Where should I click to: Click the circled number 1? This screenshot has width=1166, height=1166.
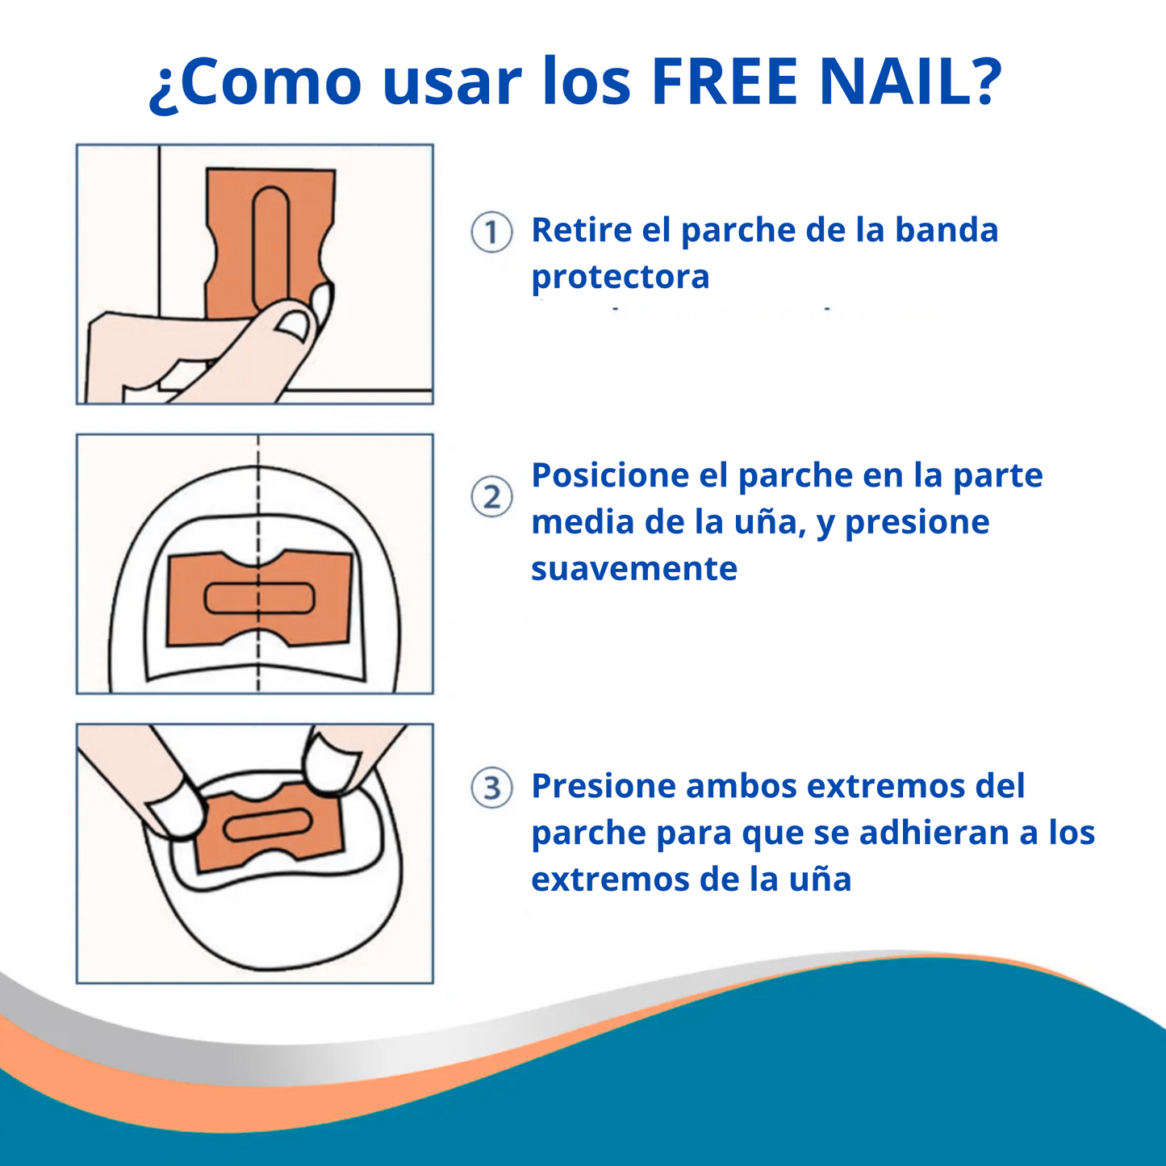[x=491, y=232]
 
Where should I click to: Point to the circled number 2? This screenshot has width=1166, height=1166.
[x=491, y=497]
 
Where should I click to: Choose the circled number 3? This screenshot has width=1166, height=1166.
[x=491, y=788]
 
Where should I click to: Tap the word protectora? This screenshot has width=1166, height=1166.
[x=621, y=277]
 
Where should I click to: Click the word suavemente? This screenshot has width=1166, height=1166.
[x=634, y=569]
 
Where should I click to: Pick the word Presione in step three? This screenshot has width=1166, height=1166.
[x=603, y=786]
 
